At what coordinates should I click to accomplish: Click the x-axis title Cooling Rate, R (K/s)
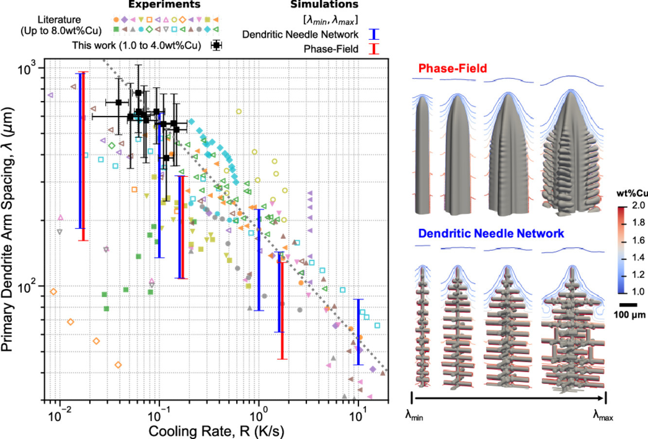pos(216,431)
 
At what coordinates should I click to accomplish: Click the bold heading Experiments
pos(164,5)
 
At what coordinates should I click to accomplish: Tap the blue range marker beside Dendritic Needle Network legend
pos(373,35)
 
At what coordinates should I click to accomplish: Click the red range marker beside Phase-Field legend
pos(373,49)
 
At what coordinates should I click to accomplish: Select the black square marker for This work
pos(216,46)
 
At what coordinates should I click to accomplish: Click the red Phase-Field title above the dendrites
pos(453,69)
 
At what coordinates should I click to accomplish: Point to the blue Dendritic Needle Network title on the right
pos(491,233)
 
